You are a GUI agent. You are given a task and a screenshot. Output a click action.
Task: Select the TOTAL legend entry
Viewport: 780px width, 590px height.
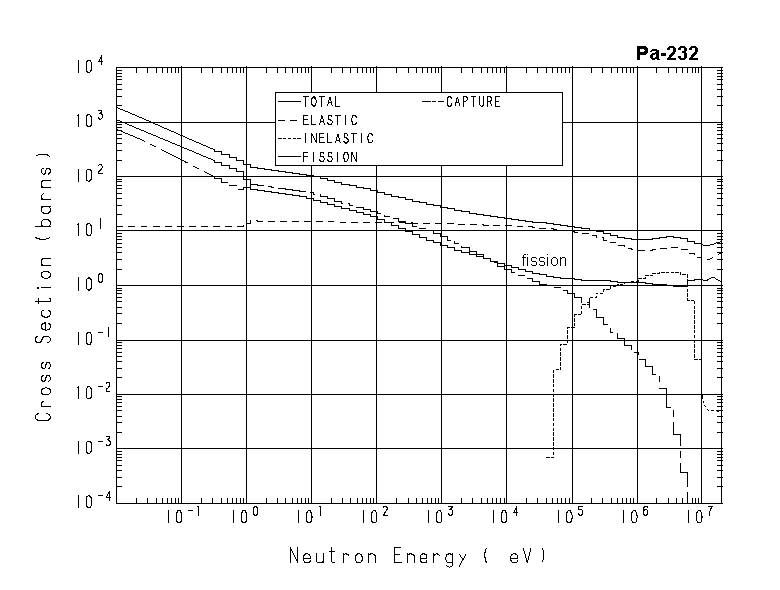tap(321, 102)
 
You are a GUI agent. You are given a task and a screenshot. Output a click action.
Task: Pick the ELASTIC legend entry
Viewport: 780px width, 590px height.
tap(329, 120)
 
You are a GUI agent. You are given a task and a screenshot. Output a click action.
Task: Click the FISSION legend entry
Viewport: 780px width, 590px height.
tap(329, 157)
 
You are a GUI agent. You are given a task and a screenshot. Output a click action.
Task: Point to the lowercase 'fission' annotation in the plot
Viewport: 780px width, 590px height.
tap(544, 261)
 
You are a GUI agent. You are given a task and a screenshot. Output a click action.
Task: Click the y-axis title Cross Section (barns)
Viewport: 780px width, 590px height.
tap(45, 286)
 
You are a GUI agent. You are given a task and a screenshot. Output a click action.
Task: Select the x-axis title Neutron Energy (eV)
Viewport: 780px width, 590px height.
tap(418, 555)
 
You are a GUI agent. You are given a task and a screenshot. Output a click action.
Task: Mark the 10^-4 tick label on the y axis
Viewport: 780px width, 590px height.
tap(91, 502)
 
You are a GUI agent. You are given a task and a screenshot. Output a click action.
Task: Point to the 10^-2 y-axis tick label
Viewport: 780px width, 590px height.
tap(91, 394)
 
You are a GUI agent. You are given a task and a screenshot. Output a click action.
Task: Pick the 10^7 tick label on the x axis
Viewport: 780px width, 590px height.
tap(704, 517)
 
